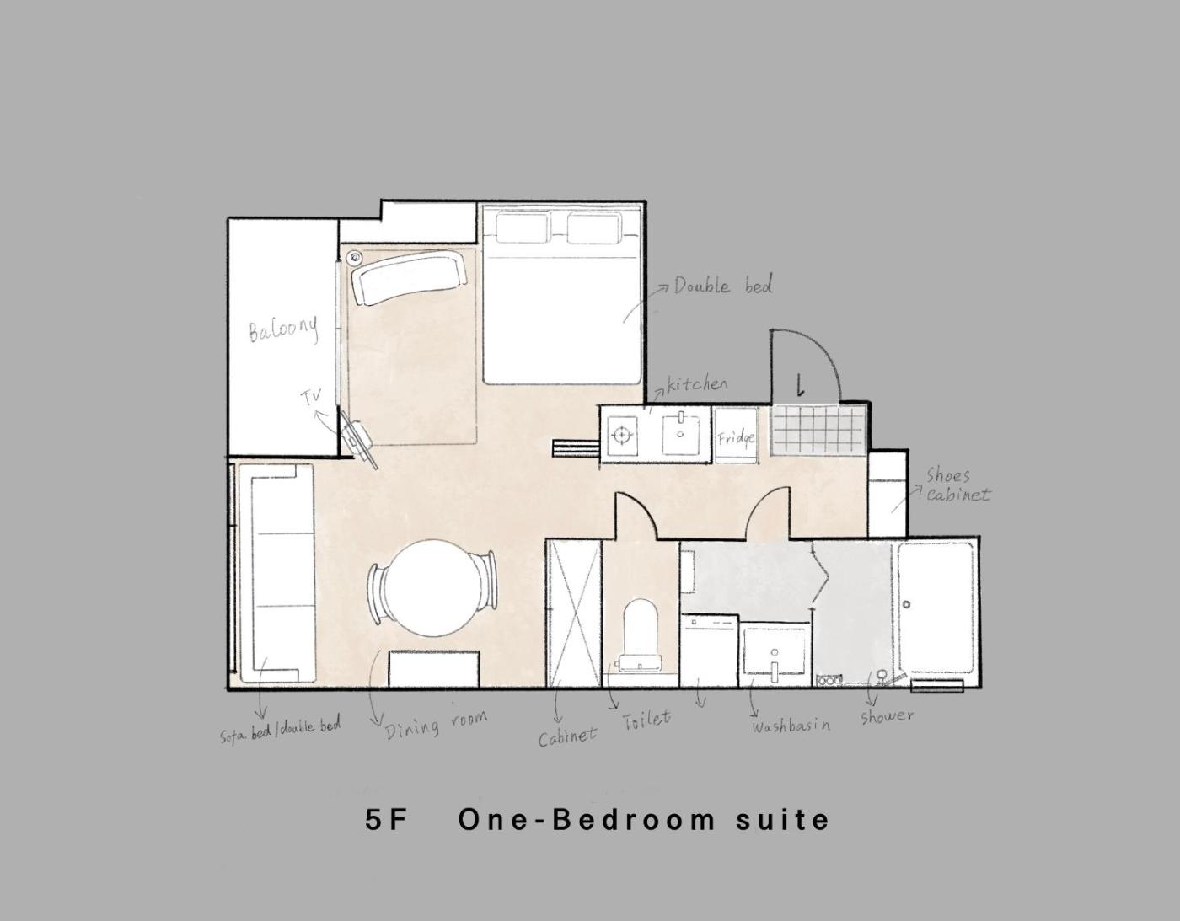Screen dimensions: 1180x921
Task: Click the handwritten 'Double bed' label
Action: (723, 286)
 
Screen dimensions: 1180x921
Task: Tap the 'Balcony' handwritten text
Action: (283, 329)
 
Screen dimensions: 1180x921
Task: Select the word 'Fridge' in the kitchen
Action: (736, 437)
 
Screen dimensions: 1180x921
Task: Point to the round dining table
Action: (432, 588)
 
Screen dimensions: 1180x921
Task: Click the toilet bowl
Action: (641, 635)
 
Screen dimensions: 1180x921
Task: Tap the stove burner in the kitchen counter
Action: (621, 435)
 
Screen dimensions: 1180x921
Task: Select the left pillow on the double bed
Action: (523, 228)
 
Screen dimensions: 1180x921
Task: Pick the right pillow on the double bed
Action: (594, 228)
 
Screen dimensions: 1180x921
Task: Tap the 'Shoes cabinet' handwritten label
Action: (957, 485)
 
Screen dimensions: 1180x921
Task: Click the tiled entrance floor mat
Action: (818, 429)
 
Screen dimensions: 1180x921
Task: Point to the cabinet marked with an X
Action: (575, 613)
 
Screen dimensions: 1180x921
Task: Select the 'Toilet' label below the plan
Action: (646, 719)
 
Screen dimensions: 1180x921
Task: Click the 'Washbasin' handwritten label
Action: (791, 726)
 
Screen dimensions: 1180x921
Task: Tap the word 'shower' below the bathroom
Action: (886, 716)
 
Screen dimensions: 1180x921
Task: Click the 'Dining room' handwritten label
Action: (436, 726)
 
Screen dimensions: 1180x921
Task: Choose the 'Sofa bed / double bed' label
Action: (280, 730)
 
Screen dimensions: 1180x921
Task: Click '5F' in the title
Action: (385, 820)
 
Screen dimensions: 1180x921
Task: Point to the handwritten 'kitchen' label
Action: (697, 384)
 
